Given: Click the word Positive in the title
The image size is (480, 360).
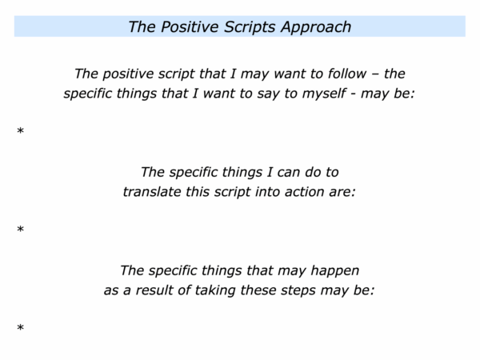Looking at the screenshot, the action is pyautogui.click(x=189, y=26).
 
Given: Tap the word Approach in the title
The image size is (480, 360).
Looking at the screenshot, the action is pyautogui.click(x=316, y=27).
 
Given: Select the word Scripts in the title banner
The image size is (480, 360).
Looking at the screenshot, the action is pyautogui.click(x=250, y=27).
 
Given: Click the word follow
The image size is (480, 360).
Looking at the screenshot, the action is pyautogui.click(x=347, y=74).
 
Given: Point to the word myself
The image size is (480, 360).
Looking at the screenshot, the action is pyautogui.click(x=324, y=94).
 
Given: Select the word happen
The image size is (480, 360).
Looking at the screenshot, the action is pyautogui.click(x=335, y=271).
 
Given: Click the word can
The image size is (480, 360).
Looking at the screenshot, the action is pyautogui.click(x=288, y=173).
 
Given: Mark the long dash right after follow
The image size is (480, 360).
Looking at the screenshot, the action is pyautogui.click(x=375, y=74).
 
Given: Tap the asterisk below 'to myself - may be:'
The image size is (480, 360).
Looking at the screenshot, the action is pyautogui.click(x=21, y=131).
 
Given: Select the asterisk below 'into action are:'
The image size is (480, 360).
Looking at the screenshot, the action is pyautogui.click(x=21, y=230).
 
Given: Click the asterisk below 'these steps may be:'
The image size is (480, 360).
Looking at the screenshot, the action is pyautogui.click(x=21, y=328).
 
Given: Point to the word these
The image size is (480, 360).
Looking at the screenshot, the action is pyautogui.click(x=258, y=290).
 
